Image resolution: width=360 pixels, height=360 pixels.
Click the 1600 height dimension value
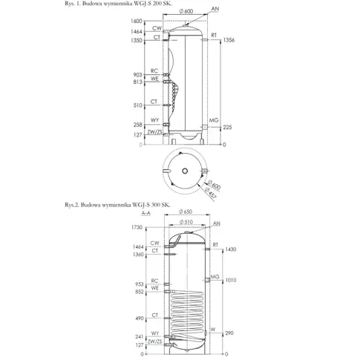pyautogui.click(x=137, y=21)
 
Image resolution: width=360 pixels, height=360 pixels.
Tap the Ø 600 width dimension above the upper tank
pyautogui.click(x=186, y=11)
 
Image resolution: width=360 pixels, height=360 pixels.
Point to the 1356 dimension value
pyautogui.click(x=229, y=40)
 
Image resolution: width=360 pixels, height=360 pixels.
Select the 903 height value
pyautogui.click(x=138, y=75)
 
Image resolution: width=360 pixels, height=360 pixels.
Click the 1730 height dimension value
pyautogui.click(x=137, y=227)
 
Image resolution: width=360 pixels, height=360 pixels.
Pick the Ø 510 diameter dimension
pyautogui.click(x=186, y=222)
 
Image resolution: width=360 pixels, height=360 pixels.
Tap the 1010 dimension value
pyautogui.click(x=230, y=280)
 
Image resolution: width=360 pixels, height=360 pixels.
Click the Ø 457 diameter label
pyautogui.click(x=211, y=193)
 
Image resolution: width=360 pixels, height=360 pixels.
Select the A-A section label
pyautogui.click(x=145, y=213)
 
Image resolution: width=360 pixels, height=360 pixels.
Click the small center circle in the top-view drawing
pyautogui.click(x=185, y=171)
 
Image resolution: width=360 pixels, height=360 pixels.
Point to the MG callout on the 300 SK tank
pyautogui.click(x=215, y=277)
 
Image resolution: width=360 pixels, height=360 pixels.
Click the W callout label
pyautogui.click(x=213, y=330)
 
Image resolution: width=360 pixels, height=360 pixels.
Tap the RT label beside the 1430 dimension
pyautogui.click(x=215, y=245)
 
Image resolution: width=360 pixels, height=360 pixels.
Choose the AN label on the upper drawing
pyautogui.click(x=215, y=9)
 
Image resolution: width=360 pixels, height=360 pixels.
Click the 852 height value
pyautogui.click(x=140, y=292)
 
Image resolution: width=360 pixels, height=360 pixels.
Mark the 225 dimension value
pyautogui.click(x=227, y=127)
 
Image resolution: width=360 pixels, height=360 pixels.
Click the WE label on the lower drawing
pyautogui.click(x=154, y=288)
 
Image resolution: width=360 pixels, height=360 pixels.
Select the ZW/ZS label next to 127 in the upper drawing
pyautogui.click(x=154, y=132)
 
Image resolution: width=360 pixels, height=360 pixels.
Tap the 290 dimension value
pyautogui.click(x=229, y=333)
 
